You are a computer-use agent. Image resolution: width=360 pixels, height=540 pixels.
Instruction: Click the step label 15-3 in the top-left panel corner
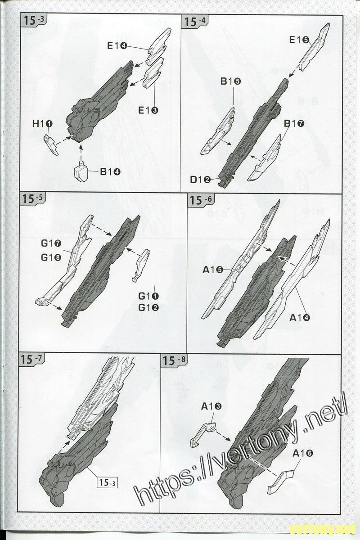click(x=33, y=20)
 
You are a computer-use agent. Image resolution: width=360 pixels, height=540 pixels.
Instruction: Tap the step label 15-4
click(x=195, y=21)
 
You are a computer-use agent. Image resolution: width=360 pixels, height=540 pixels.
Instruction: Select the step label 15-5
click(x=32, y=198)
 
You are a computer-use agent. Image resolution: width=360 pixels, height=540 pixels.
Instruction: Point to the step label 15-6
click(x=201, y=200)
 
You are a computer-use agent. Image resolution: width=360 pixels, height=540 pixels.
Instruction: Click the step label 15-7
click(x=31, y=360)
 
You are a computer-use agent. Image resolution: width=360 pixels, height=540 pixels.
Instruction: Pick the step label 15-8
click(x=174, y=360)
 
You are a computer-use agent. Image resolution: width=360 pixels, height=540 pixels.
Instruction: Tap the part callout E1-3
click(x=148, y=110)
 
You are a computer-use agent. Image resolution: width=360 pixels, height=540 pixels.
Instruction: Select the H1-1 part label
click(x=42, y=124)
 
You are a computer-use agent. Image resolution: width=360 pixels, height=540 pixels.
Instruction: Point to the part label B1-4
click(x=110, y=172)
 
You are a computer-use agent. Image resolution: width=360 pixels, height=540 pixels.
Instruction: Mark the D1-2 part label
click(x=200, y=180)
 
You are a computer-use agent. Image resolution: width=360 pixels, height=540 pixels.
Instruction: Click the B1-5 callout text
click(x=230, y=81)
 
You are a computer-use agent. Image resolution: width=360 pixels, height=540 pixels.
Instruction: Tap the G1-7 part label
click(x=51, y=243)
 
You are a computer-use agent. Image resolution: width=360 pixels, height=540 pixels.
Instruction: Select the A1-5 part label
click(x=213, y=270)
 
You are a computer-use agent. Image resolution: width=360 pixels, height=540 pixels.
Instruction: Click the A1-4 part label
click(x=300, y=318)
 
